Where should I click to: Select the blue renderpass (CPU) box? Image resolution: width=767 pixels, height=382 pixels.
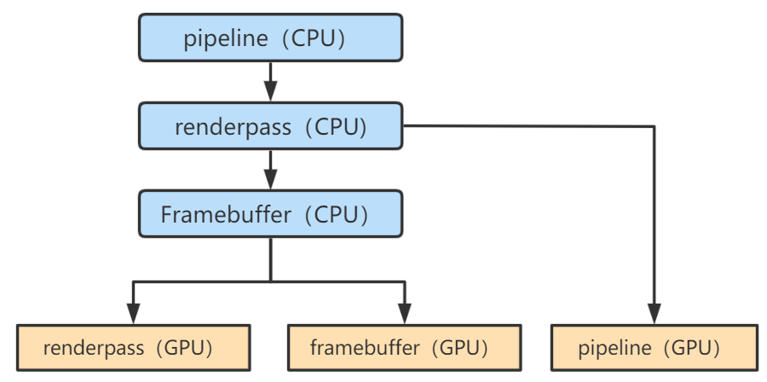coord(270,127)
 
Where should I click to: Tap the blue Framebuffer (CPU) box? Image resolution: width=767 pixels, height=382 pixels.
coord(270,213)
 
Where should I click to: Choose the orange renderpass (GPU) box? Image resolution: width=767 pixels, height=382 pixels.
coord(133,348)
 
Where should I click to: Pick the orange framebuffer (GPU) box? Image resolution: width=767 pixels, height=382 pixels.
coord(404,348)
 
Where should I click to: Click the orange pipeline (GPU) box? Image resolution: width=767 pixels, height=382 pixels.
coord(655,348)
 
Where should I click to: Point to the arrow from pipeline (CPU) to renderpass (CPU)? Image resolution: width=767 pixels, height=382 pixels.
coord(270,84)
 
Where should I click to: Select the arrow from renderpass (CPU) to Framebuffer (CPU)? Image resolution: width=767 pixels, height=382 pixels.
coord(270,171)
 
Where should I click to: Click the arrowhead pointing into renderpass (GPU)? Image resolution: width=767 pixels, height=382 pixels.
coord(133,315)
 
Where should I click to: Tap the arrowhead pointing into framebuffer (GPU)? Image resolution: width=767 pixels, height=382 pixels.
coord(404,315)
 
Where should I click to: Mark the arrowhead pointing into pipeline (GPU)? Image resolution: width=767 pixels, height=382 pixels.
coord(655,315)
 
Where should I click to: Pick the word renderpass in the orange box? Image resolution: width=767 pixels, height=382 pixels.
coord(83,348)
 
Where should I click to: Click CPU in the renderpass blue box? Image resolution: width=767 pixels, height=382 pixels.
coord(340,127)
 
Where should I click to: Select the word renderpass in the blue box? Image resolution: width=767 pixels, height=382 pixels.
coord(223,127)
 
